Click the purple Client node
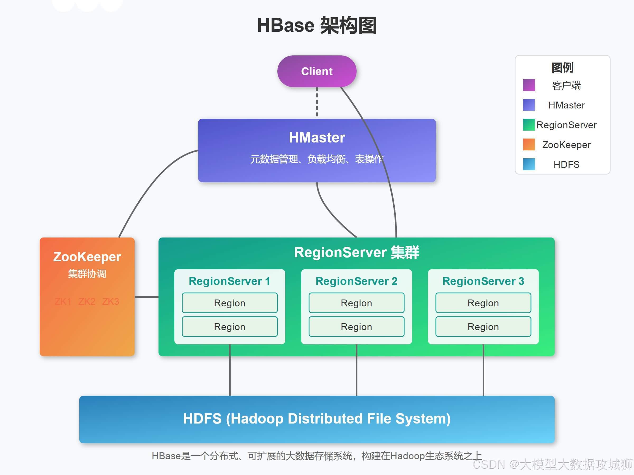coord(317,71)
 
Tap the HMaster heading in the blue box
coord(317,137)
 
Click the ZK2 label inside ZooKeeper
coord(87,301)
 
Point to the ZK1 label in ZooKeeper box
coord(63,301)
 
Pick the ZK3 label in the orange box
coord(111,301)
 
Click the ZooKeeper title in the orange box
coord(87,257)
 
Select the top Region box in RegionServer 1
coord(230,303)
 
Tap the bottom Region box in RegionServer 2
coord(356,327)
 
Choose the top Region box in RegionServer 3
coord(483,303)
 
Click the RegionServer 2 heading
coord(356,281)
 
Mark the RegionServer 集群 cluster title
coord(356,253)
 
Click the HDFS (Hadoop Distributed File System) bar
coord(317,419)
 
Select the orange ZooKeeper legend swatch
coord(529,145)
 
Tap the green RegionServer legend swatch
coord(529,125)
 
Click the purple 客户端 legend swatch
coord(529,85)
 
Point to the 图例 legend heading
coord(562,68)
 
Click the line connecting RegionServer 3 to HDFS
coord(483,371)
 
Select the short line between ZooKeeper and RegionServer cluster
coord(146,297)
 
